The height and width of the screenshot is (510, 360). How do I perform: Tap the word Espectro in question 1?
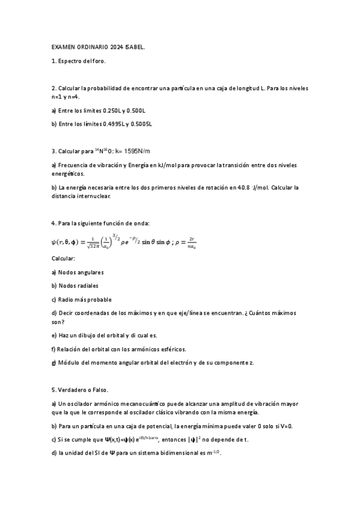click(x=70, y=61)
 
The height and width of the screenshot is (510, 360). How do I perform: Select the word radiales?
click(x=87, y=286)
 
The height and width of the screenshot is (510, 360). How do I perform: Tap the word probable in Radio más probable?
click(x=99, y=300)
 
